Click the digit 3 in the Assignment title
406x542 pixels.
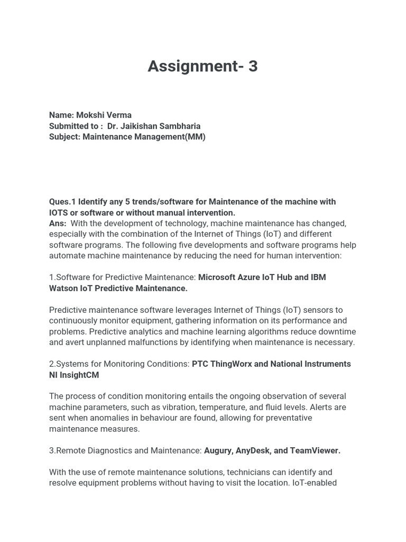pos(252,67)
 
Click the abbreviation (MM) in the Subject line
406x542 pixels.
pos(195,137)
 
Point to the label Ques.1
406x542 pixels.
pos(62,202)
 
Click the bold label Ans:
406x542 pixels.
pos(58,223)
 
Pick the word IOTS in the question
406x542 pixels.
pos(58,212)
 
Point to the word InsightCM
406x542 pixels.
pos(79,375)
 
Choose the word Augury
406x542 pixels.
pos(218,450)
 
